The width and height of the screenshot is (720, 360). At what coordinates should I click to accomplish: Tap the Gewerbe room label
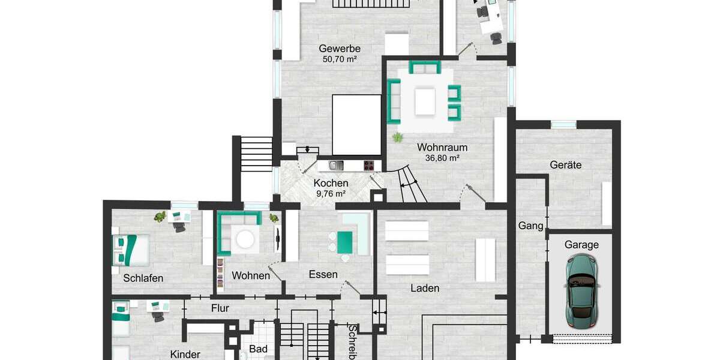[x=339, y=48]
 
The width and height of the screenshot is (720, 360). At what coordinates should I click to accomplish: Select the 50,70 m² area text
[x=340, y=59]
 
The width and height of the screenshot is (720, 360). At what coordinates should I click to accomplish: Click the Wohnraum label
[x=442, y=147]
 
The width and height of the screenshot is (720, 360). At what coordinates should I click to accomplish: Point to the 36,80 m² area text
[x=442, y=158]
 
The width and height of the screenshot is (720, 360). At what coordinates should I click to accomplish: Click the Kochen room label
[x=331, y=183]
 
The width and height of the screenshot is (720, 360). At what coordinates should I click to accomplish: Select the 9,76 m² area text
[x=331, y=194]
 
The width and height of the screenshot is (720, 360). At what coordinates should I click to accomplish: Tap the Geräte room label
[x=565, y=164]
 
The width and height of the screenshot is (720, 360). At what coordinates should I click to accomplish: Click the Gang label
[x=531, y=226]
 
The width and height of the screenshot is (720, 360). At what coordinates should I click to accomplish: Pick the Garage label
[x=581, y=245]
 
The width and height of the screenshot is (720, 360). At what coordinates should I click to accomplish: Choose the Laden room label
[x=425, y=288]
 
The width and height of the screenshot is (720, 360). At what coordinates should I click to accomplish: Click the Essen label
[x=323, y=275]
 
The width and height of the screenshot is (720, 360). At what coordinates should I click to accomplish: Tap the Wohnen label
[x=251, y=275]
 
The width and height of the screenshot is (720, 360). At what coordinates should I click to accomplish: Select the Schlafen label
[x=143, y=278]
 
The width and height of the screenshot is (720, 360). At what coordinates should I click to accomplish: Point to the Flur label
[x=220, y=308]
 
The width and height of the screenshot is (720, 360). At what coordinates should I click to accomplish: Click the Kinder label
[x=185, y=354]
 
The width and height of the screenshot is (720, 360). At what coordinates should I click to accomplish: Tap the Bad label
[x=258, y=349]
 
